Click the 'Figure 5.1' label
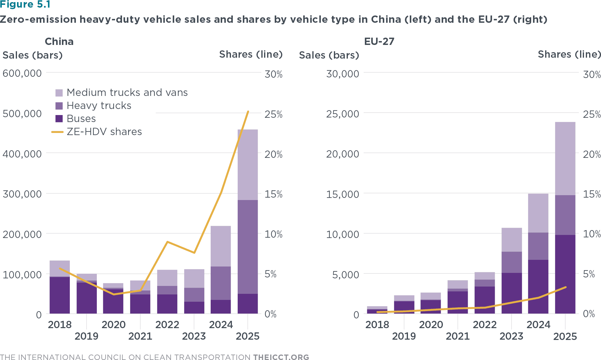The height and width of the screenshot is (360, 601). pos(25,5)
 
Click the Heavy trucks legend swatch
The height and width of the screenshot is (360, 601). pos(59,106)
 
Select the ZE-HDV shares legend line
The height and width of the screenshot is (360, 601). pos(57,132)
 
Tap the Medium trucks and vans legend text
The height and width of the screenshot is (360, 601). pos(127,93)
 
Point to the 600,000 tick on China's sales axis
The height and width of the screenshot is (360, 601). pos(22,73)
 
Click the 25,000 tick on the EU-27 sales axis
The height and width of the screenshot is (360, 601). pos(342,114)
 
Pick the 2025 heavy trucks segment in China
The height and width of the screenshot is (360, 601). pos(248,246)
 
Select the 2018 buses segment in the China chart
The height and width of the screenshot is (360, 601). pos(60,295)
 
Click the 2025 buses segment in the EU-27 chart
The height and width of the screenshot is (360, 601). pos(565,274)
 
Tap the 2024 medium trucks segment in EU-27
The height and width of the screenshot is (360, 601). pos(538,213)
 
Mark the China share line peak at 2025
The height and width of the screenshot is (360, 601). pos(248,112)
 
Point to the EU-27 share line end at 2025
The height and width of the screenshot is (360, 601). pos(565,287)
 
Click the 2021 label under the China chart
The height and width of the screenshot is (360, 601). pos(140,336)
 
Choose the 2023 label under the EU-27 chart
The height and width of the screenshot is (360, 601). pos(511,336)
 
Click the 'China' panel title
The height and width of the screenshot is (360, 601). pos(59,42)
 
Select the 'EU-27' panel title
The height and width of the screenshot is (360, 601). pos(379,42)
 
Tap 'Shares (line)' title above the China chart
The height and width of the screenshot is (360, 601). pos(251,54)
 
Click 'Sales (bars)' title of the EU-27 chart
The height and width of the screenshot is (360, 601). pos(329,55)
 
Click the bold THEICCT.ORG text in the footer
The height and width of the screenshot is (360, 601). pos(281,357)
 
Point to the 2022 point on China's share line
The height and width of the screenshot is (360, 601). pos(167,242)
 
